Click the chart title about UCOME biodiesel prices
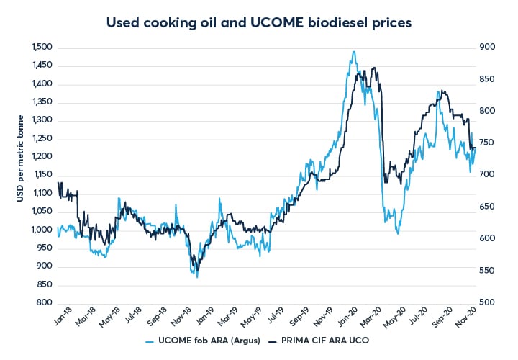click(259, 22)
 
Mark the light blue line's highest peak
click(353, 52)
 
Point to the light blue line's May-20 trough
click(397, 233)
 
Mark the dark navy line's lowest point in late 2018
click(197, 276)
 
